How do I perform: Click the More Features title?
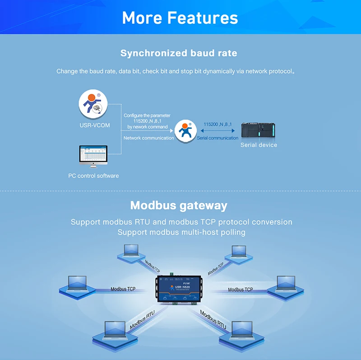click(x=180, y=18)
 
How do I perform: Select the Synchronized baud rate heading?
click(x=179, y=53)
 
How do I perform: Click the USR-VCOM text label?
click(x=94, y=125)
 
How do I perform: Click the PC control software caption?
click(x=93, y=175)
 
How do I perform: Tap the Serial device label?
click(x=259, y=145)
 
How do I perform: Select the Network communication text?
click(x=149, y=138)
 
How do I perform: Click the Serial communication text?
click(x=218, y=138)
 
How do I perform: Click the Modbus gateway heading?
click(x=179, y=206)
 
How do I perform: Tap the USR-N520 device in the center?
click(x=180, y=288)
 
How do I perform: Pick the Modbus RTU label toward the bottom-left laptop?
click(x=143, y=320)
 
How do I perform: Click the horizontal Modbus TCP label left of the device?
click(x=123, y=289)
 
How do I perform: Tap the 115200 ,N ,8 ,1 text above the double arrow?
click(x=218, y=124)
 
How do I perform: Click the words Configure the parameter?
click(x=148, y=116)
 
